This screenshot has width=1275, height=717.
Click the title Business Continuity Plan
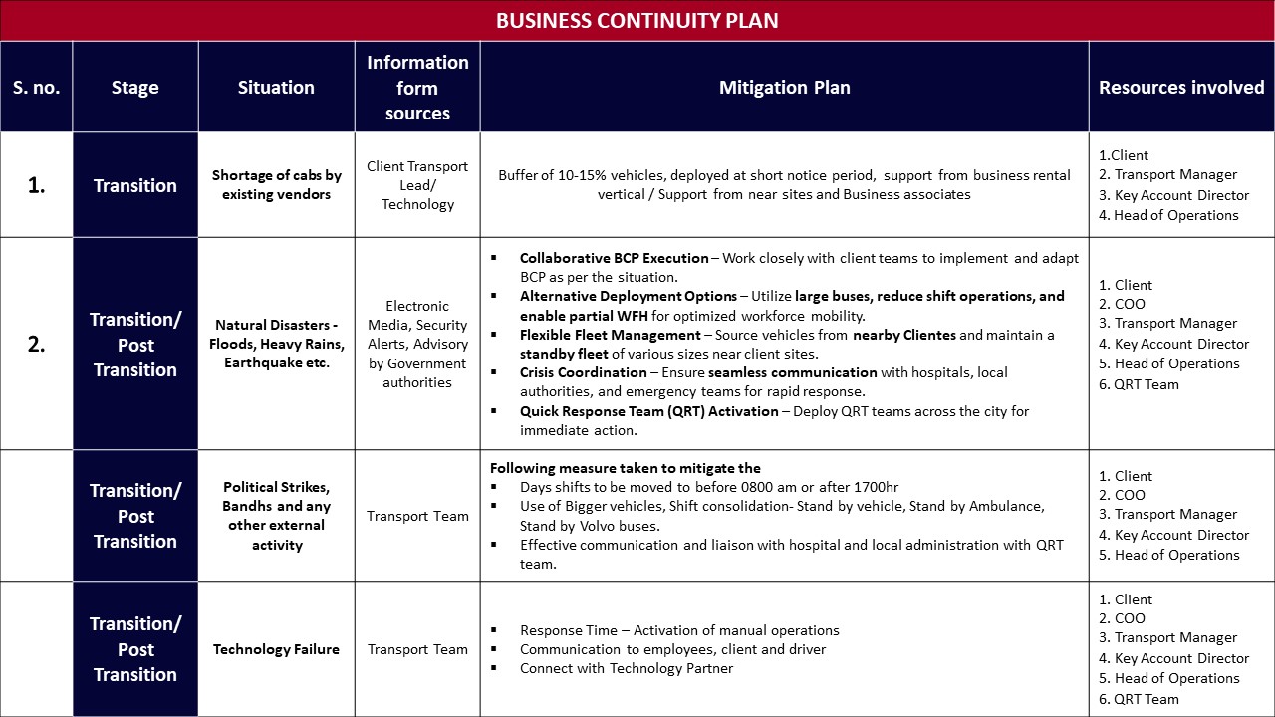[x=637, y=20]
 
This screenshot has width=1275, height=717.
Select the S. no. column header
[x=36, y=88]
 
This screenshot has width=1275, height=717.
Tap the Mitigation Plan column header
[x=784, y=88]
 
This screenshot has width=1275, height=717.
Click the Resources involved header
[x=1181, y=88]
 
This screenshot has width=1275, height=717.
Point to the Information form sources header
[x=417, y=88]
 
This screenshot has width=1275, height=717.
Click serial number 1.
[x=36, y=185]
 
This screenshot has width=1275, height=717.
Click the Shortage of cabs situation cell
[x=277, y=185]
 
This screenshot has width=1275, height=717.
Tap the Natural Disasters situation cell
[x=277, y=344]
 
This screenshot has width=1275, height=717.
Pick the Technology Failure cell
[x=276, y=649]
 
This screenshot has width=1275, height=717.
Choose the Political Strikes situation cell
[x=277, y=516]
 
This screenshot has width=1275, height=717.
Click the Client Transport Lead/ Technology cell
[x=417, y=185]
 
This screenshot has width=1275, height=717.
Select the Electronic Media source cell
[x=417, y=344]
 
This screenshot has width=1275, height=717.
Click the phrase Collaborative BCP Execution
[x=614, y=258]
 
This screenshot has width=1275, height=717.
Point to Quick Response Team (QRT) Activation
[x=648, y=411]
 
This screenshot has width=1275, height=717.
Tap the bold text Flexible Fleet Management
[x=610, y=335]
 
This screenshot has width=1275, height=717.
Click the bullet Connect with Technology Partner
[x=626, y=668]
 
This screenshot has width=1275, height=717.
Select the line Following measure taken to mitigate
[x=626, y=468]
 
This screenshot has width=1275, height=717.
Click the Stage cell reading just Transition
[x=135, y=185]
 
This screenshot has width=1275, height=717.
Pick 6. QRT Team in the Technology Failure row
[x=1139, y=699]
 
